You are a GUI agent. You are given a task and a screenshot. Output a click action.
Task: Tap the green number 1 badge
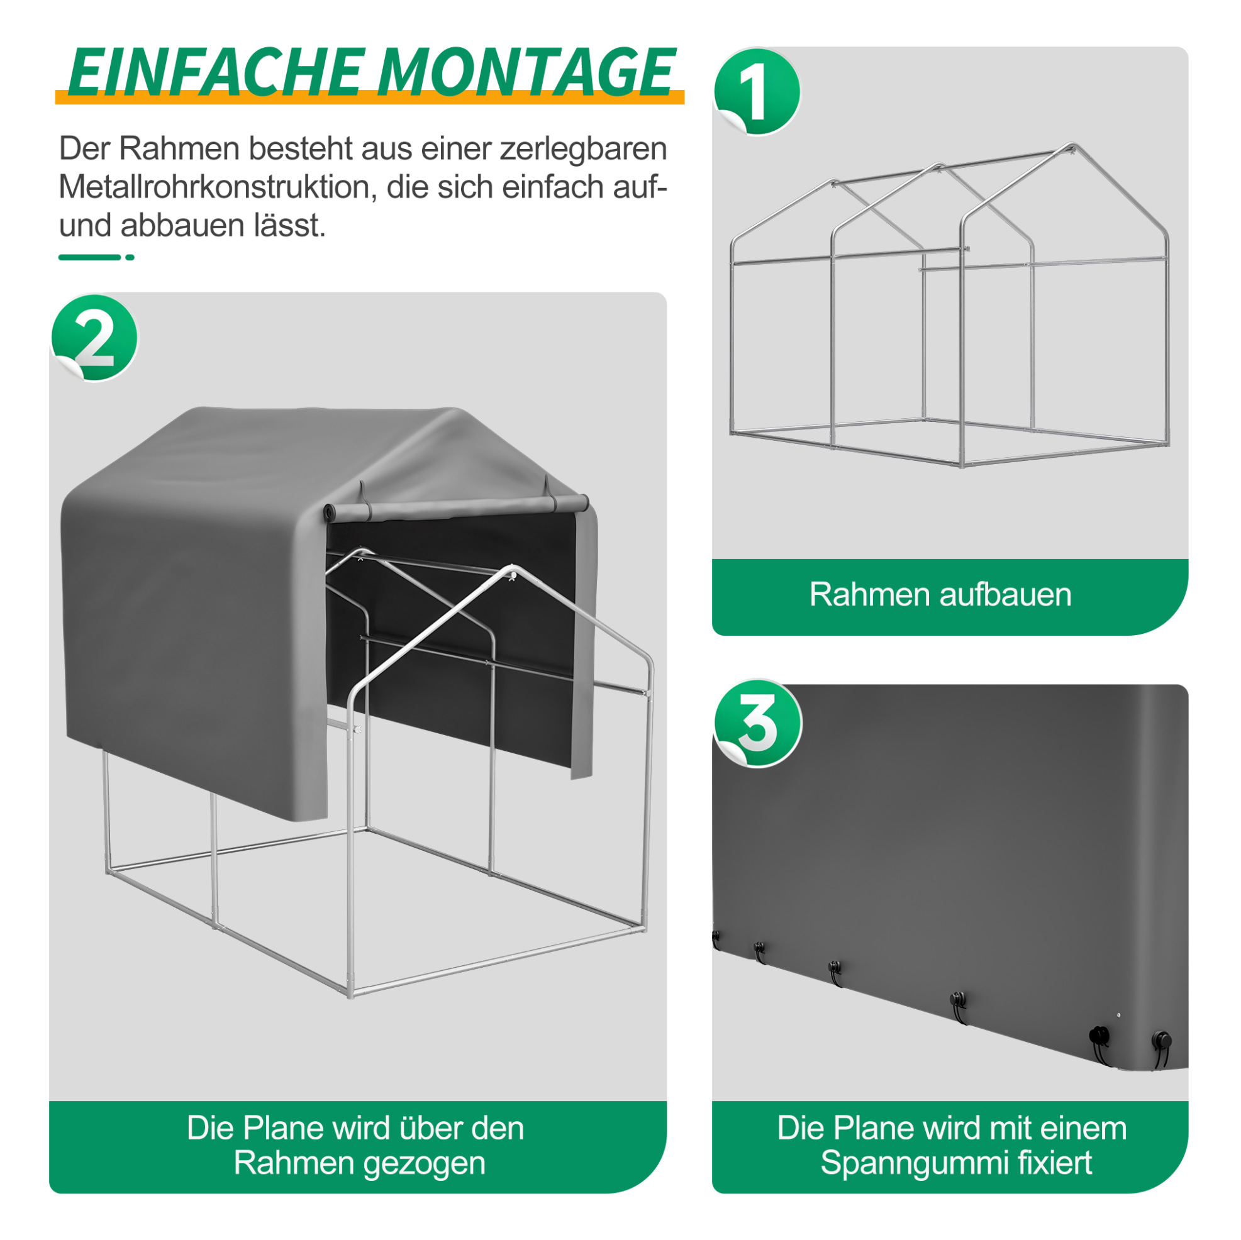tap(757, 92)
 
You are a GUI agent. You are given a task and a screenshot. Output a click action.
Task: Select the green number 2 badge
tap(95, 338)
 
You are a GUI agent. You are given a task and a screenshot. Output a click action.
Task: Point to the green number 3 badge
tap(758, 724)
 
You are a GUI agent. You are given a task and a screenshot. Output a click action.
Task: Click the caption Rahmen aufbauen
tap(940, 594)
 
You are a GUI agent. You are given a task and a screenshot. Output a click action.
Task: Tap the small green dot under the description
tap(130, 258)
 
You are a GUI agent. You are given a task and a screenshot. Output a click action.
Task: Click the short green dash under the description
tap(89, 258)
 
